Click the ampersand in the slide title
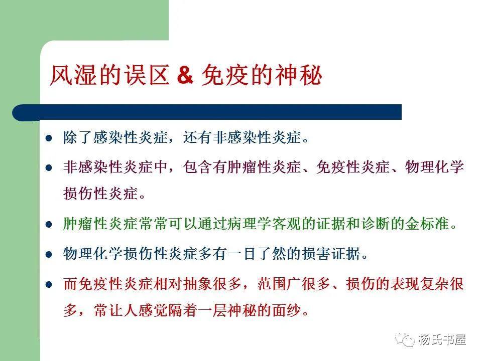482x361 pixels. click(185, 76)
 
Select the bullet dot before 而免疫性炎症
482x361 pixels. click(49, 284)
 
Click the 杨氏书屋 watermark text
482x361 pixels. click(442, 339)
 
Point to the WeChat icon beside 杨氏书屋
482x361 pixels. click(405, 339)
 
